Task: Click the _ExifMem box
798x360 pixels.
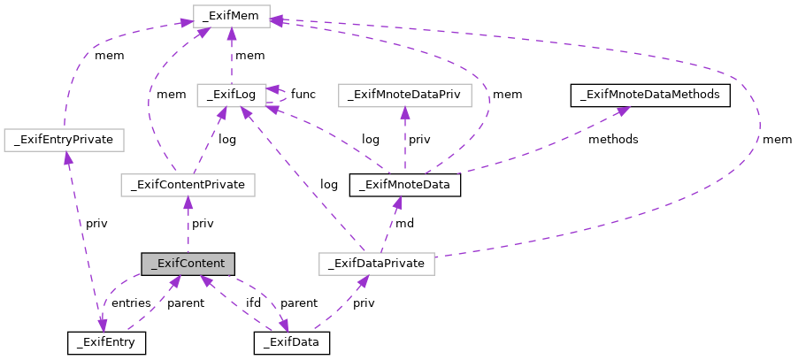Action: coord(231,15)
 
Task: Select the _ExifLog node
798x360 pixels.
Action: coord(231,93)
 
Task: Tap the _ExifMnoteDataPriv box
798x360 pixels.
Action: coord(405,93)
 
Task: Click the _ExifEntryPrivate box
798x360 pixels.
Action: coord(64,139)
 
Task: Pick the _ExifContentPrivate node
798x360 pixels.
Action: coord(188,185)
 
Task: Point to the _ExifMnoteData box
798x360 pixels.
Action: coord(405,185)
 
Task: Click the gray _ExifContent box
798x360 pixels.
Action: coord(188,264)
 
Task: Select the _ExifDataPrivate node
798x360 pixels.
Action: coord(377,264)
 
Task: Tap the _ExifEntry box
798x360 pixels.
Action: coord(107,341)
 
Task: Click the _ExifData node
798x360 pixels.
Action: coord(292,341)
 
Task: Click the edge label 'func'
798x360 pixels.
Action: coord(303,94)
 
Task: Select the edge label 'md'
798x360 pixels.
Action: coord(404,224)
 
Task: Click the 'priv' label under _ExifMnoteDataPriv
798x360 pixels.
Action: coord(419,140)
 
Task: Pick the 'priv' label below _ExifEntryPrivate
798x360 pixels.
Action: coord(96,224)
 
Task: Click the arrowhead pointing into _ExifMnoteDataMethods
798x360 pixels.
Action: coord(623,109)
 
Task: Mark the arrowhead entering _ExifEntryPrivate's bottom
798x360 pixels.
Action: coord(65,157)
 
